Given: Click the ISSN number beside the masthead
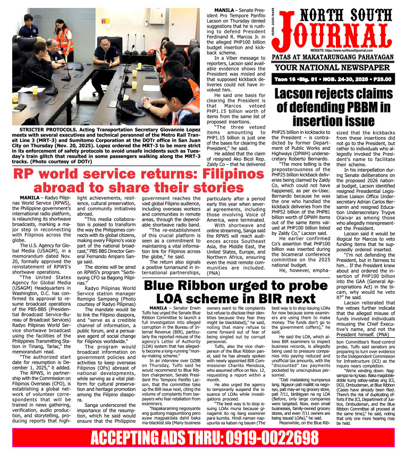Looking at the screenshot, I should coord(273,24).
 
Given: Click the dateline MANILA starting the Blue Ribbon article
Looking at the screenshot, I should coord(158,308).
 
